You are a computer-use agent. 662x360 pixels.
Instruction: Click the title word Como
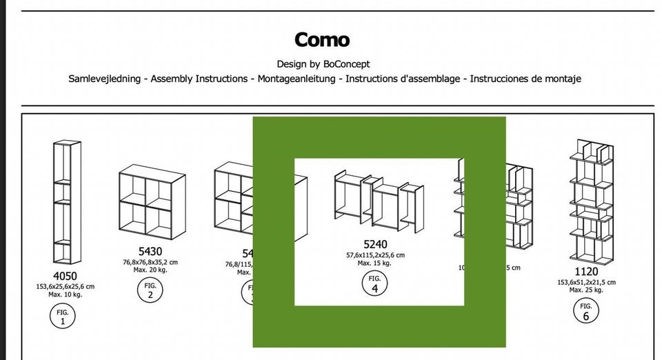click(322, 40)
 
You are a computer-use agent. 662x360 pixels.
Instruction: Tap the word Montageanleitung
click(298, 79)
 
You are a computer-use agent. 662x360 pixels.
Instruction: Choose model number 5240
click(375, 244)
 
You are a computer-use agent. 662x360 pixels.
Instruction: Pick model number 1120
click(585, 272)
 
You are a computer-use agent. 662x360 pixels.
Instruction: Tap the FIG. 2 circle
click(150, 290)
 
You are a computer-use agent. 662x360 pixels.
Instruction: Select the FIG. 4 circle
click(375, 283)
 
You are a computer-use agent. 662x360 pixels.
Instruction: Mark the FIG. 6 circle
click(585, 311)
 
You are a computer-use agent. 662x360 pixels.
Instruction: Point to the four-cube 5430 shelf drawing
click(151, 202)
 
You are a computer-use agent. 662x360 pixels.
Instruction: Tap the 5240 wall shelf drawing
click(379, 200)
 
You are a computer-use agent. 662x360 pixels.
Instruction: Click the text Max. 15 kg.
click(375, 263)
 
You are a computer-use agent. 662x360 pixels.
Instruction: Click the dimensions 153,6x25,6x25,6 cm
click(66, 286)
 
